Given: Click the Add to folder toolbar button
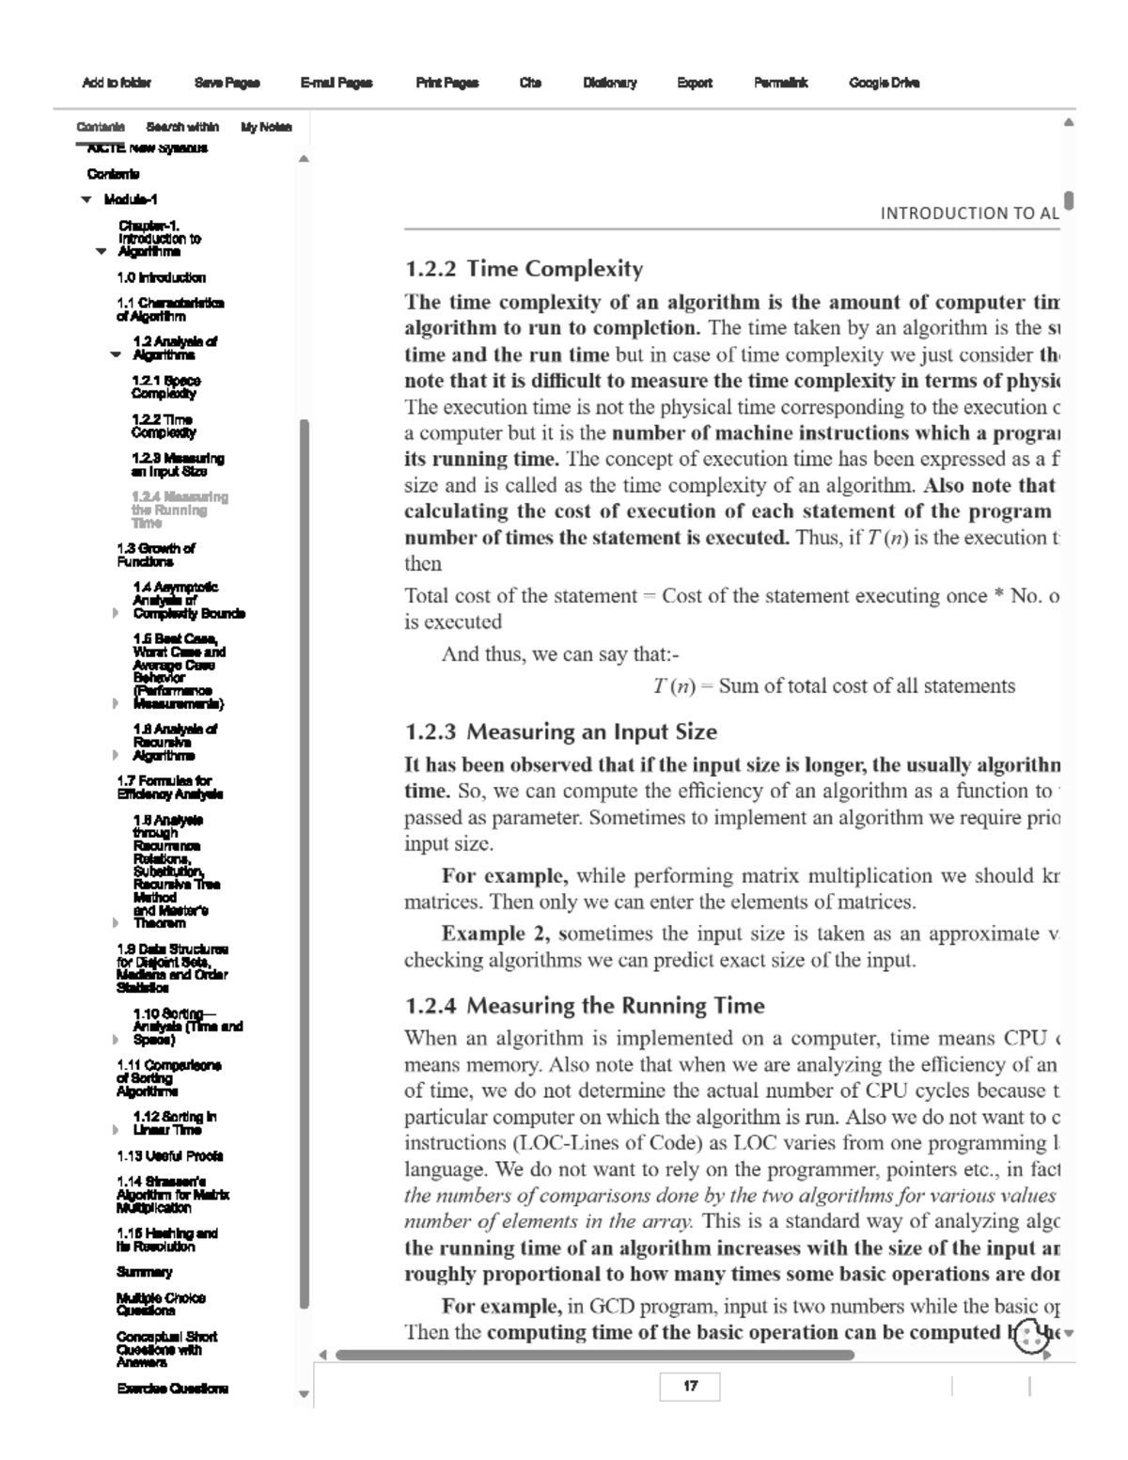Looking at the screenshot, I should (x=117, y=83).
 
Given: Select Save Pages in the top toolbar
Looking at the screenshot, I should (x=227, y=83).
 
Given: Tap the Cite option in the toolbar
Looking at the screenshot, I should (x=530, y=83).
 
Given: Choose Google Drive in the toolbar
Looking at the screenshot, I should (x=884, y=83).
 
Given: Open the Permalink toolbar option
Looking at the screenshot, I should (x=780, y=83).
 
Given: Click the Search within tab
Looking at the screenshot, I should (x=182, y=127).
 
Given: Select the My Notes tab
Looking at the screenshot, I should (x=266, y=127).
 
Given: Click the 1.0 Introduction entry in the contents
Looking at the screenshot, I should (x=161, y=277).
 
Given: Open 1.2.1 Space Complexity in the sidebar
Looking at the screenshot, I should (x=165, y=386).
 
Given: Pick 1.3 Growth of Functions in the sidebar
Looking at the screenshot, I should (x=155, y=555).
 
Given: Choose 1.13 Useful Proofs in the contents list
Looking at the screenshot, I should (x=169, y=1155).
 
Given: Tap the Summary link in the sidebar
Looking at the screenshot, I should (x=144, y=1272).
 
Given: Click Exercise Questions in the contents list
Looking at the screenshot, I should (x=172, y=1389).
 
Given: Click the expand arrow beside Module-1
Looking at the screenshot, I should (x=86, y=199).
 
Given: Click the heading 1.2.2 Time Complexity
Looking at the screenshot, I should (x=524, y=269).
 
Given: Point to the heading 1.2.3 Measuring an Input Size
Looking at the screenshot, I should (x=560, y=731).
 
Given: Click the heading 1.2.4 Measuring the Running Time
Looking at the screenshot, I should (x=584, y=1006).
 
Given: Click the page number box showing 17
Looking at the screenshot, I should (x=690, y=1387).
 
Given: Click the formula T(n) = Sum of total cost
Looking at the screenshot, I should (x=834, y=686).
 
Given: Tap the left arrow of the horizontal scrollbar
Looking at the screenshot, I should (x=322, y=1355).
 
